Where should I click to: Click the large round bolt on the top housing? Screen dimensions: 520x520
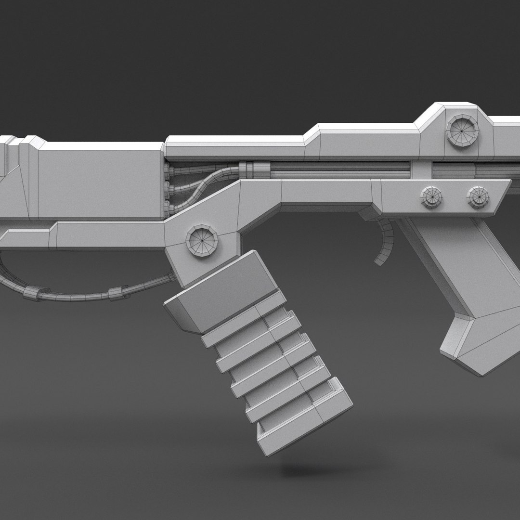[463, 130]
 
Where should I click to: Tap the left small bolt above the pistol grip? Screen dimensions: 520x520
[431, 196]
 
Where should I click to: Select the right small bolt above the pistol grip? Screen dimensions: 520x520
[478, 197]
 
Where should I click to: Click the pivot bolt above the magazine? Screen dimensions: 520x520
[201, 239]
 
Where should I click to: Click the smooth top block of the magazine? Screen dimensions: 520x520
[221, 289]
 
